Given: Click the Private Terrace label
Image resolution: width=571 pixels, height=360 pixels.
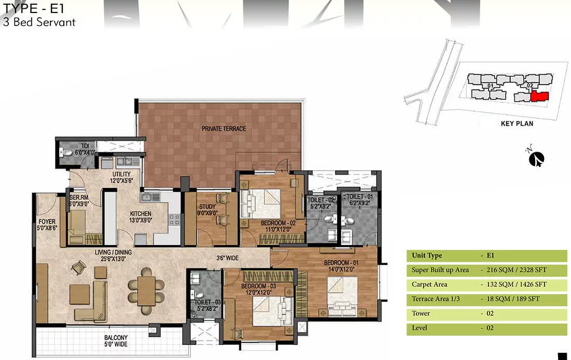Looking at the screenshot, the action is click(x=224, y=129).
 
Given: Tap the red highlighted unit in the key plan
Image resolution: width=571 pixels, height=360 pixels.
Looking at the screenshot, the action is click(x=539, y=97).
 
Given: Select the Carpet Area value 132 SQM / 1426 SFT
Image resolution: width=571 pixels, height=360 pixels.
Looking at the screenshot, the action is click(x=516, y=285).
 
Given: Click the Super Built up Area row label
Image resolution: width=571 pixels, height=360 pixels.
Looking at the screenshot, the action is click(x=440, y=270).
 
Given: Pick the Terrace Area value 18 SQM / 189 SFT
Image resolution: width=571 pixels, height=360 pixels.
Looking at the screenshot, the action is click(x=513, y=299).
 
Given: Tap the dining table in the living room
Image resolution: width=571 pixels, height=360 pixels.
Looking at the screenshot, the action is click(x=146, y=290).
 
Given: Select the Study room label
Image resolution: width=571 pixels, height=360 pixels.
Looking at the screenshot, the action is click(x=207, y=209).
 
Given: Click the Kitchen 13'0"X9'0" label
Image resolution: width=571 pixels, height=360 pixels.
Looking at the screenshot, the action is click(x=141, y=217).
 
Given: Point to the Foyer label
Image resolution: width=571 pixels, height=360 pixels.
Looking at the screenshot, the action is click(x=47, y=224).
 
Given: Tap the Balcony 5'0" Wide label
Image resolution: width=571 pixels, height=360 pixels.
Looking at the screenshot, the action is click(x=116, y=341).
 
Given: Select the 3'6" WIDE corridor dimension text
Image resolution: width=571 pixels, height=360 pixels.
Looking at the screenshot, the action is click(x=227, y=258).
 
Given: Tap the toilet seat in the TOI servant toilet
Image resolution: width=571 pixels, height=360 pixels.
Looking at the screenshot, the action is click(x=67, y=152).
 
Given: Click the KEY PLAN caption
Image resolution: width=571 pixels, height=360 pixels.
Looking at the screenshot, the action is click(x=516, y=124).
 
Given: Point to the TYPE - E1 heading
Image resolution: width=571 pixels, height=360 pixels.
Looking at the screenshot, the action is click(x=33, y=8).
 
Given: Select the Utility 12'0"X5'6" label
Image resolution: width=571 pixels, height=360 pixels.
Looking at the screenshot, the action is click(x=121, y=177).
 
